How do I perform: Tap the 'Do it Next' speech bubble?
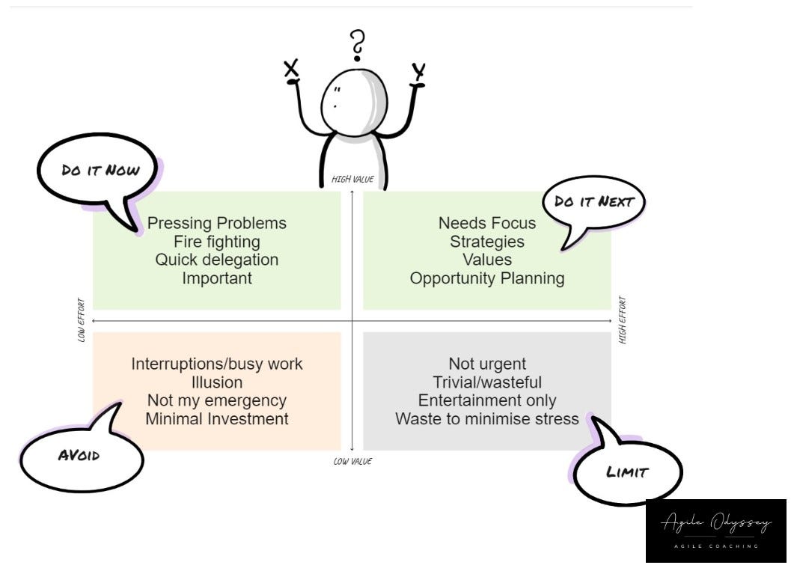pyautogui.click(x=593, y=202)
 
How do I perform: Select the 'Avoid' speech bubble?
pyautogui.click(x=80, y=455)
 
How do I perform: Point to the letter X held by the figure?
pyautogui.click(x=291, y=70)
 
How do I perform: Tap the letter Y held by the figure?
pyautogui.click(x=419, y=73)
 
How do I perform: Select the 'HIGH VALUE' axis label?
pyautogui.click(x=352, y=180)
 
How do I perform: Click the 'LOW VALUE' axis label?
pyautogui.click(x=352, y=462)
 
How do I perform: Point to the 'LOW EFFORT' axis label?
pyautogui.click(x=81, y=321)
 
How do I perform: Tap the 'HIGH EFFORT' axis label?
pyautogui.click(x=623, y=321)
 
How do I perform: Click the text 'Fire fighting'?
pyautogui.click(x=217, y=242)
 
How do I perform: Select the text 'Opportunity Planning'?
pyautogui.click(x=487, y=278)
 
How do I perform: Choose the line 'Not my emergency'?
pyautogui.click(x=217, y=400)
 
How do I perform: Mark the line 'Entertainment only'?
pyautogui.click(x=487, y=400)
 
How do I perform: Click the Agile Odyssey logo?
pyautogui.click(x=715, y=530)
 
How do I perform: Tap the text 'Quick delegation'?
pyautogui.click(x=217, y=260)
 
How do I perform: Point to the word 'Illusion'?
pyautogui.click(x=217, y=382)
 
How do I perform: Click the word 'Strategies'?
pyautogui.click(x=487, y=242)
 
